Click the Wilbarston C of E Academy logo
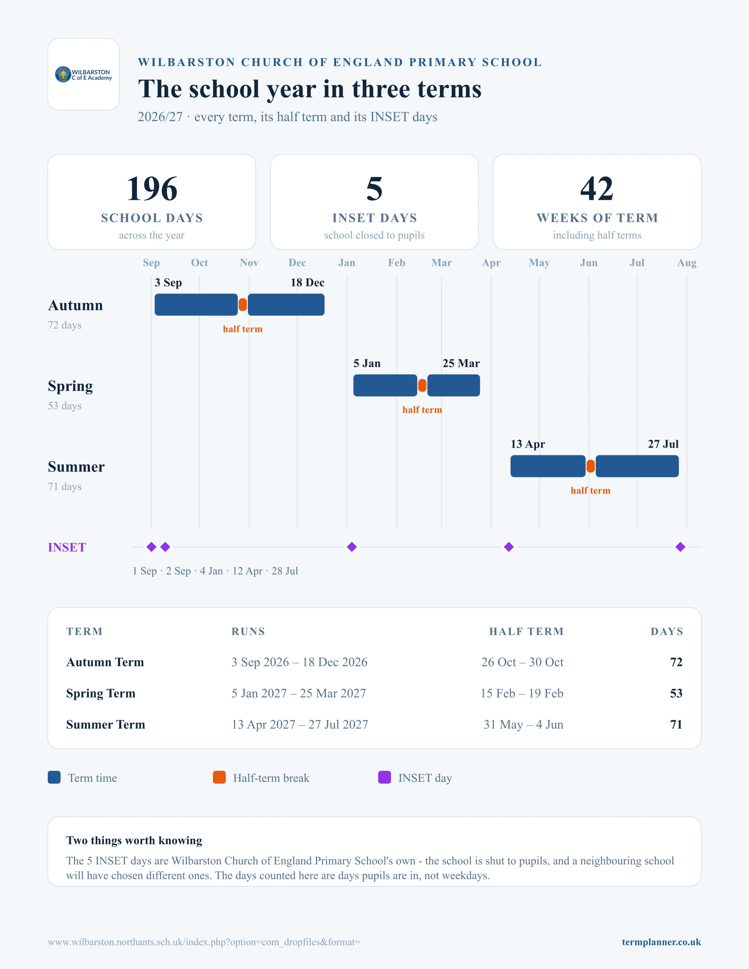click(x=83, y=75)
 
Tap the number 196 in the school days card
click(x=152, y=189)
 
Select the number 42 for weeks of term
click(x=597, y=189)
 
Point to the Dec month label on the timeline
click(x=297, y=263)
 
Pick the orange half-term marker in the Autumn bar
click(x=243, y=305)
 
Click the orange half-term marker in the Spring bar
click(x=422, y=385)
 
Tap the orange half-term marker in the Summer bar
click(x=591, y=466)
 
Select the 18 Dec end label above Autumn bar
click(x=307, y=283)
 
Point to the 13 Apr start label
click(x=528, y=445)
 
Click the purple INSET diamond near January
click(x=352, y=547)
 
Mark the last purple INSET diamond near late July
click(x=680, y=547)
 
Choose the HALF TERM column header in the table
click(x=526, y=631)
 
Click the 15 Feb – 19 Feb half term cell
click(x=522, y=693)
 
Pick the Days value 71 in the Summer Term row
click(x=676, y=725)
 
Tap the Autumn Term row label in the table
click(x=105, y=662)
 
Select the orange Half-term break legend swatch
click(x=219, y=777)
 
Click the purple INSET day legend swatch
click(x=384, y=777)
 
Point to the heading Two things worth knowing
click(x=134, y=840)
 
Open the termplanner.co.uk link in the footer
click(x=661, y=942)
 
